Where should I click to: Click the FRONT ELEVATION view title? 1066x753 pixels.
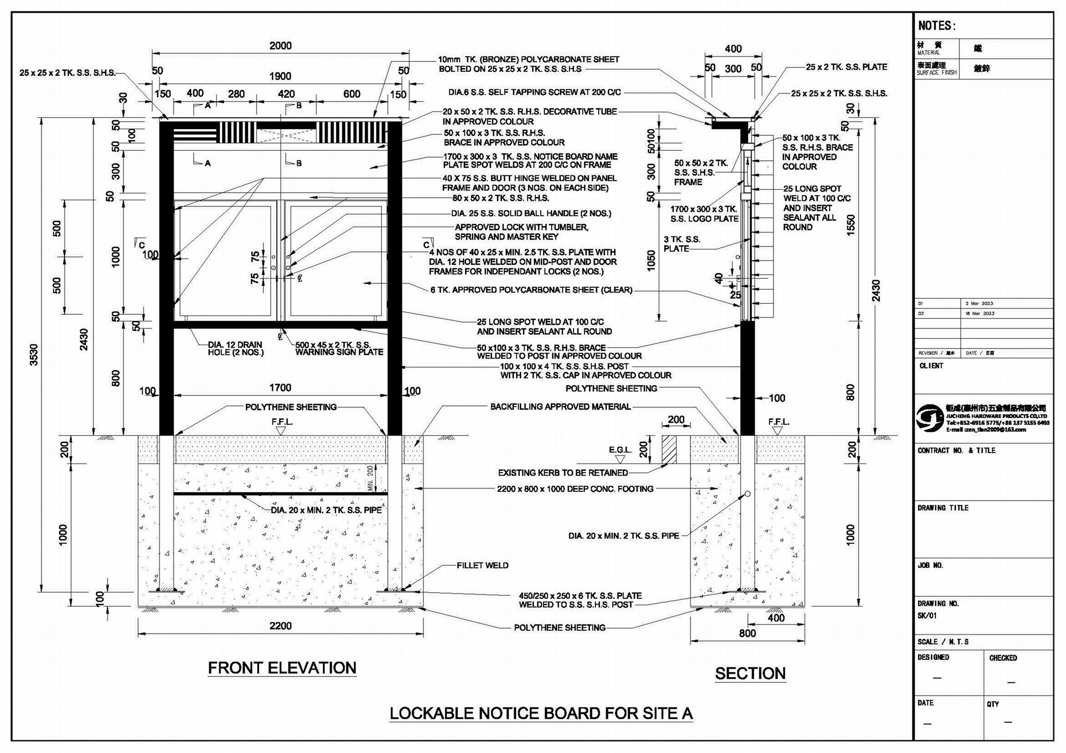pos(282,668)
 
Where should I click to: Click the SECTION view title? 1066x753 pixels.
pos(750,673)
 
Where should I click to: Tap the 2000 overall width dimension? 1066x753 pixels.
pos(280,46)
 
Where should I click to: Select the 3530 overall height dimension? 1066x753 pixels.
pos(34,354)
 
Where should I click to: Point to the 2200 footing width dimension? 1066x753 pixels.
pos(280,626)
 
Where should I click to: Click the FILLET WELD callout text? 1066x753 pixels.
pos(483,566)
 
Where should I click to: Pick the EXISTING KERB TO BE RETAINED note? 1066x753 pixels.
pos(563,473)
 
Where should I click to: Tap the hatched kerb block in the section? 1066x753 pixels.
pos(669,449)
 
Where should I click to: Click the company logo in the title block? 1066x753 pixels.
pos(930,417)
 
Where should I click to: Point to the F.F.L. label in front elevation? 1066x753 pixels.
pos(282,422)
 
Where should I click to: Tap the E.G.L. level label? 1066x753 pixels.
pos(619,450)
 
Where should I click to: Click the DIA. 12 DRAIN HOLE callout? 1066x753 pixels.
pos(236,349)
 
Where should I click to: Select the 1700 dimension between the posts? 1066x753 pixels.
pos(280,388)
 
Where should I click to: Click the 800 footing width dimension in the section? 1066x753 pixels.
pos(747,633)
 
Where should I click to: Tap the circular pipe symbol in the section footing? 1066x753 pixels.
pos(747,493)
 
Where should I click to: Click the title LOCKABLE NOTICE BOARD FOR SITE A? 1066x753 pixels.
pos(541,713)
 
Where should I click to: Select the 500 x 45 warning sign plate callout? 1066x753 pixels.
pos(339,349)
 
